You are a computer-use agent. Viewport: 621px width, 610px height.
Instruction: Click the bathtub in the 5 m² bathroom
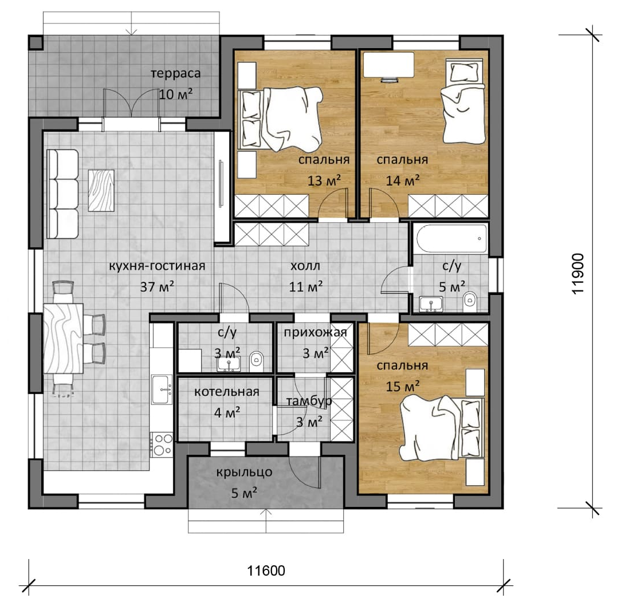pos(451,239)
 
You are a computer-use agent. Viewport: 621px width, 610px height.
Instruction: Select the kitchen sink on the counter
pos(162,390)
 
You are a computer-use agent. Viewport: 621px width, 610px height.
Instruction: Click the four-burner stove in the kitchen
pos(162,444)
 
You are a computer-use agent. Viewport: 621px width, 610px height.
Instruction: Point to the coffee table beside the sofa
pos(101,190)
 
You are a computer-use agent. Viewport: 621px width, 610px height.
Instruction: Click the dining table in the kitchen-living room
pos(64,339)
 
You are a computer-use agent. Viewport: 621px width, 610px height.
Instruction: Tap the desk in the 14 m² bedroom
pos(389,65)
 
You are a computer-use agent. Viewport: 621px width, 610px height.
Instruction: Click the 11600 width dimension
pos(266,571)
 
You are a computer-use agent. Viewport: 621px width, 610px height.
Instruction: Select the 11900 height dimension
pos(578,274)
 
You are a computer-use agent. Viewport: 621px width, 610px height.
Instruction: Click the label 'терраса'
pos(175,74)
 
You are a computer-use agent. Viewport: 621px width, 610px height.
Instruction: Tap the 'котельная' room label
pos(226,392)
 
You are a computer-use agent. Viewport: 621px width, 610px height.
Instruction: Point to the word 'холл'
pos(305,266)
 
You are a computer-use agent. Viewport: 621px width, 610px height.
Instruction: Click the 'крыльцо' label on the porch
pos(245,472)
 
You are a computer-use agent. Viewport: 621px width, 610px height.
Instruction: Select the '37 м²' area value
pos(157,286)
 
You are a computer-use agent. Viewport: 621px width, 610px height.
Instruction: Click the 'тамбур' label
pos(309,402)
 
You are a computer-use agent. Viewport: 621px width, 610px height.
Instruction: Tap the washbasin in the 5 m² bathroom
pos(430,304)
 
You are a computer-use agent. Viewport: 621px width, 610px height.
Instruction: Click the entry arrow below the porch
pos(266,521)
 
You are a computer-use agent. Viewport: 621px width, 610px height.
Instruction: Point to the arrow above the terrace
pos(132,23)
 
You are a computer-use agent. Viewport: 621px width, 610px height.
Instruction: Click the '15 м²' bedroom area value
pos(403,386)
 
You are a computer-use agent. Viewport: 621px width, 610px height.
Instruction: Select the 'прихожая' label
pos(315,333)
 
